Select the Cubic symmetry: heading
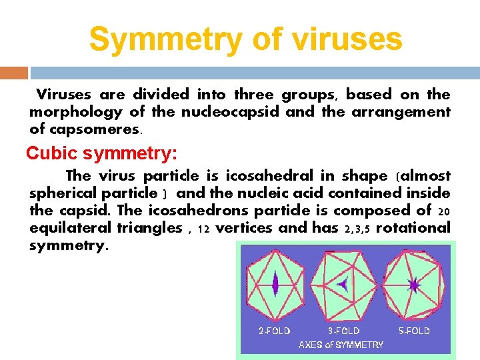pos(101,153)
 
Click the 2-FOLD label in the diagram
pos(274,331)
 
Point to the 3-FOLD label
pos(343,331)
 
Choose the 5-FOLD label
pos(413,331)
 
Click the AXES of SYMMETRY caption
pos(341,345)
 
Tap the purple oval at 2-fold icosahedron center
pos(274,285)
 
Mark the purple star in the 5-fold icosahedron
pos(414,285)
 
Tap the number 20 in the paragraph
pos(444,211)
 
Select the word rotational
pos(413,228)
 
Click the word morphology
pos(75,112)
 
